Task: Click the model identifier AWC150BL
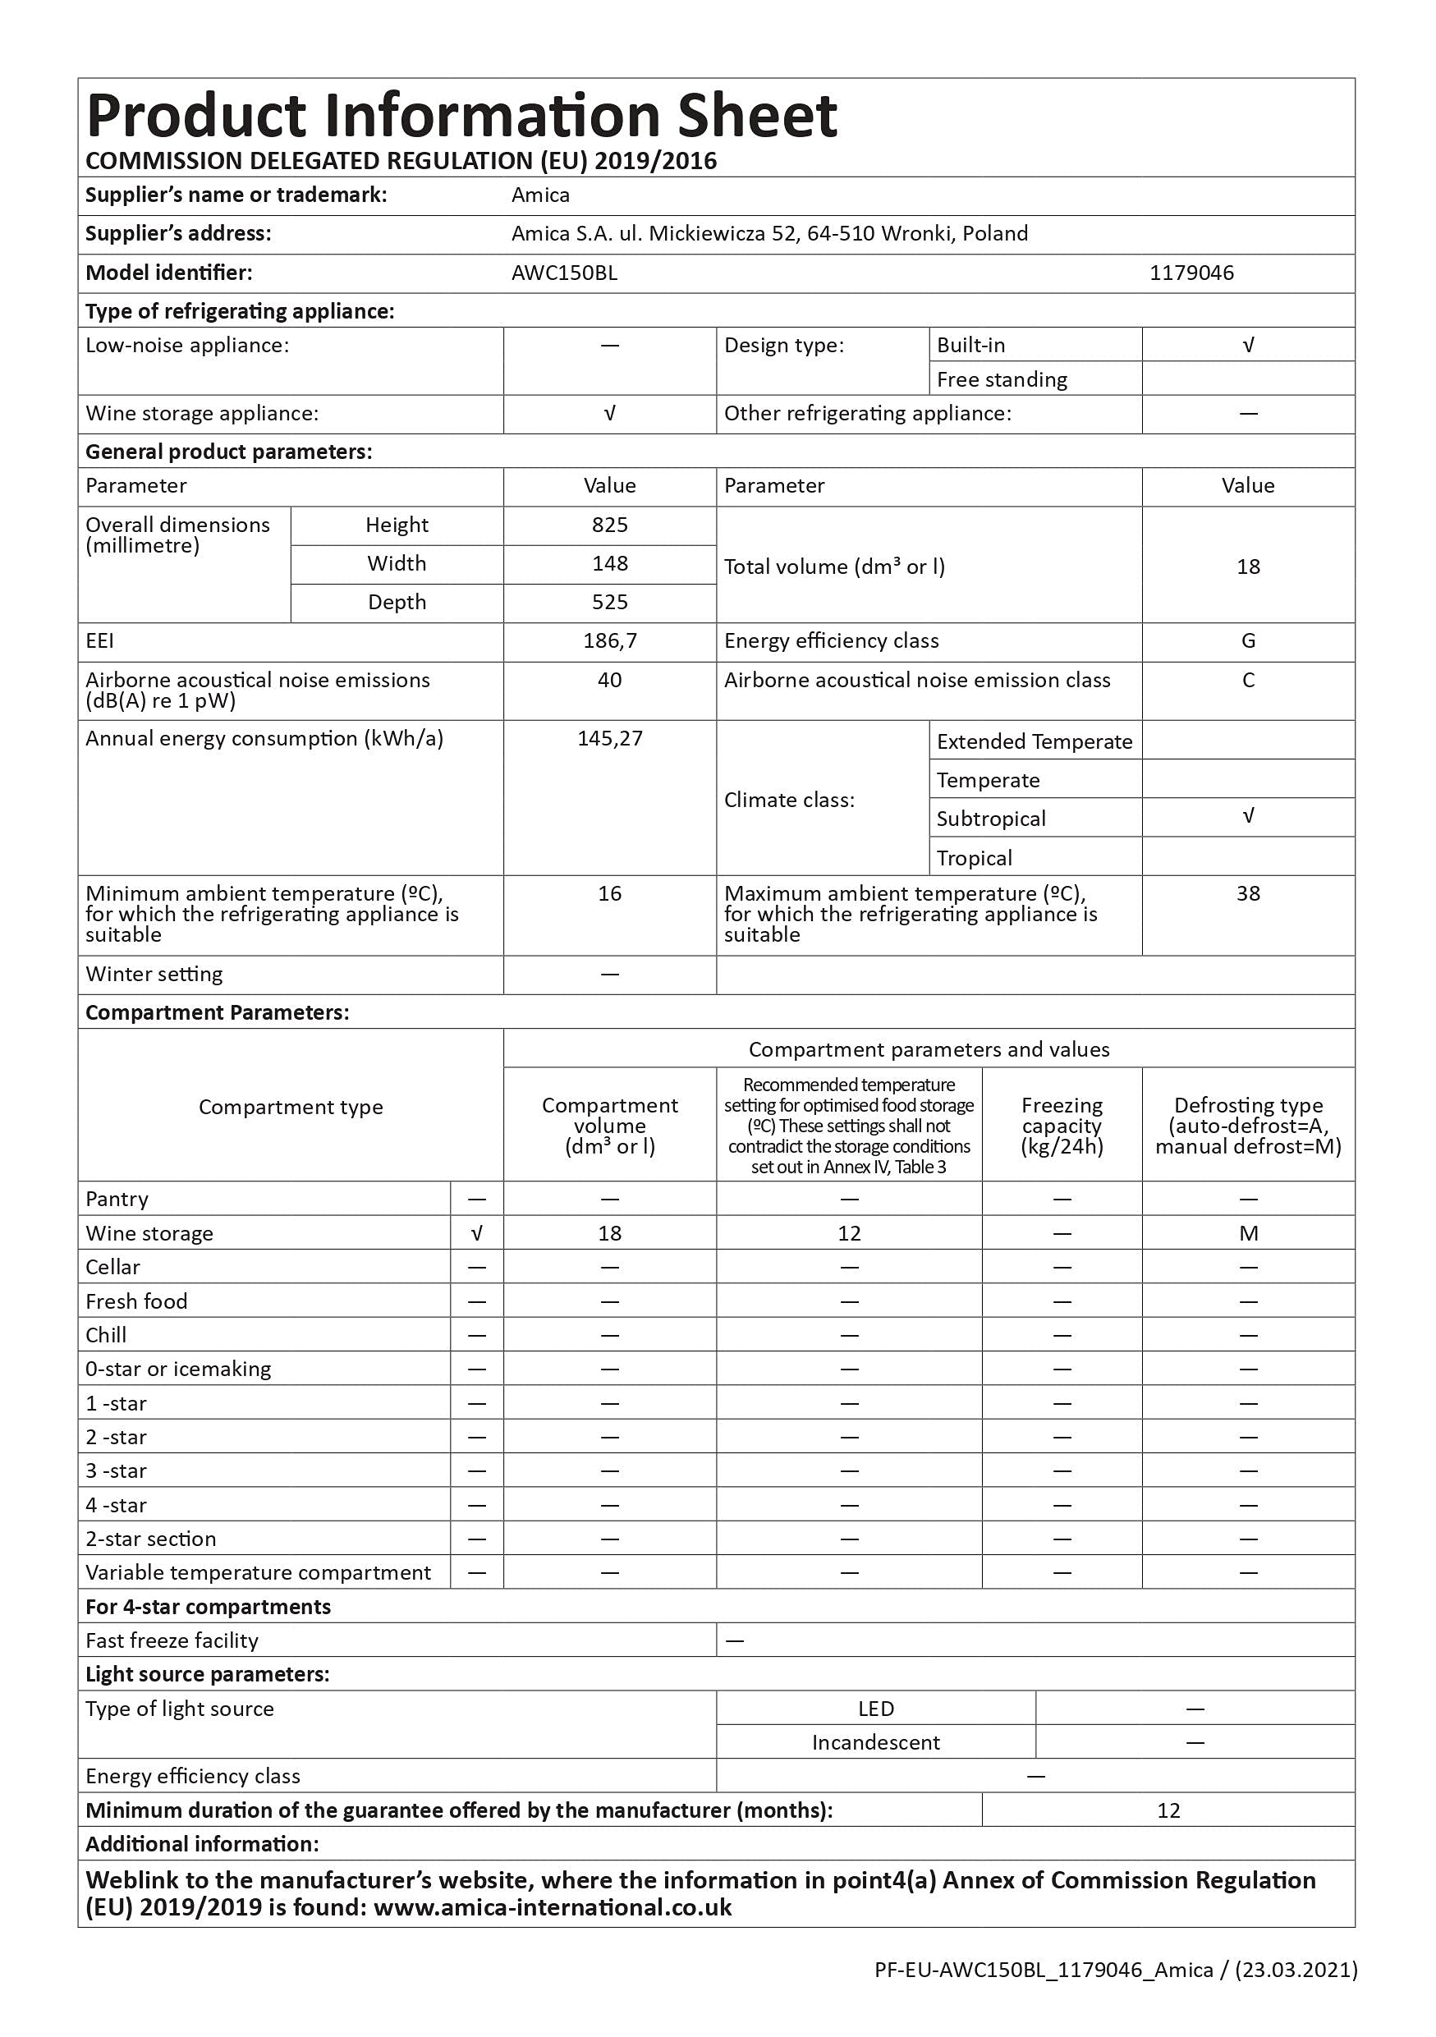point(564,273)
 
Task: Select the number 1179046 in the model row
point(1191,273)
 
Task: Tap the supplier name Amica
point(540,195)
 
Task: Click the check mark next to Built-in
point(1248,345)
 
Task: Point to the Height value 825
point(609,525)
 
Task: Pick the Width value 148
point(609,564)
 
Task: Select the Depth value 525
point(609,603)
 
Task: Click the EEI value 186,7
point(609,641)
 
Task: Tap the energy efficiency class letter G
point(1248,641)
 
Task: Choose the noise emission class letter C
point(1248,681)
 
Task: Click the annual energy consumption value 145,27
point(609,739)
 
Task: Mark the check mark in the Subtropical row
point(1248,816)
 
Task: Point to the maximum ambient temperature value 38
point(1248,894)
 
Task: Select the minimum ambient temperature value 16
point(609,894)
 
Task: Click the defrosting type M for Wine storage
point(1248,1233)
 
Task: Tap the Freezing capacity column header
point(1062,1126)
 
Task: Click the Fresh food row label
point(136,1301)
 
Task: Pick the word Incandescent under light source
point(875,1742)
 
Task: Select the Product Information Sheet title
point(461,117)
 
